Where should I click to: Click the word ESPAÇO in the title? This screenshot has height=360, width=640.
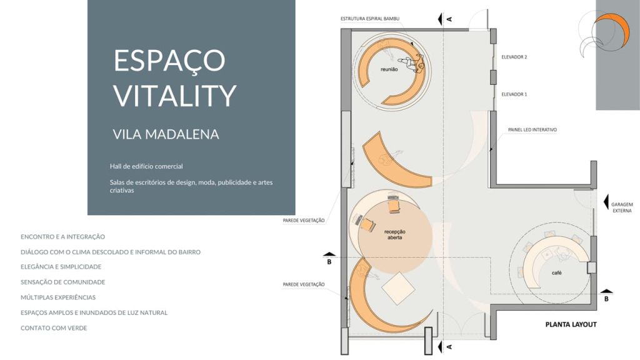tap(169, 61)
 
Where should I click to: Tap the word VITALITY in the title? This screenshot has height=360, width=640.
tap(175, 96)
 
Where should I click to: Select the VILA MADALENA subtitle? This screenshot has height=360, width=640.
tap(166, 134)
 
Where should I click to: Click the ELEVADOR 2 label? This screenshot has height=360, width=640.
tap(514, 57)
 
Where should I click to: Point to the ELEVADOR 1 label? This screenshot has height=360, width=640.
tap(514, 94)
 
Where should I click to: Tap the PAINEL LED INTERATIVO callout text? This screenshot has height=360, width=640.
tap(532, 130)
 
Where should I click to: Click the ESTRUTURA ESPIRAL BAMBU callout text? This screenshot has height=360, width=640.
tap(370, 19)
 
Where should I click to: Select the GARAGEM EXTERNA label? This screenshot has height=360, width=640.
tap(622, 207)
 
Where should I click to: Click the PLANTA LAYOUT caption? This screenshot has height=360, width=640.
tap(571, 324)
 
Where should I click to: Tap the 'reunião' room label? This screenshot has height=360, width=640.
tap(389, 69)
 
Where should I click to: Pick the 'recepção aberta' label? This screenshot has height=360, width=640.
tap(395, 235)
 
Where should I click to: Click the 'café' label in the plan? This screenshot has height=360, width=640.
tap(557, 272)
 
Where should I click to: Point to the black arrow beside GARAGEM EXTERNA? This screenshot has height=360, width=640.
tap(606, 202)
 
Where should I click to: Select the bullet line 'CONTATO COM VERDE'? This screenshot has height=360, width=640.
tap(54, 328)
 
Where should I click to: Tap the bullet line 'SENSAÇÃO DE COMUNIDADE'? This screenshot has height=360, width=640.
tap(63, 282)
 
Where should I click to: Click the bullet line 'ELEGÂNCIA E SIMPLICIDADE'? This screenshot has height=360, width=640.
tap(61, 267)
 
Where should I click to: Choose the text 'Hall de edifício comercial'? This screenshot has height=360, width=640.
tap(146, 166)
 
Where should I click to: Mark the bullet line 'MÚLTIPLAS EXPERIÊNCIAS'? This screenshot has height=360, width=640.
tap(58, 297)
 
